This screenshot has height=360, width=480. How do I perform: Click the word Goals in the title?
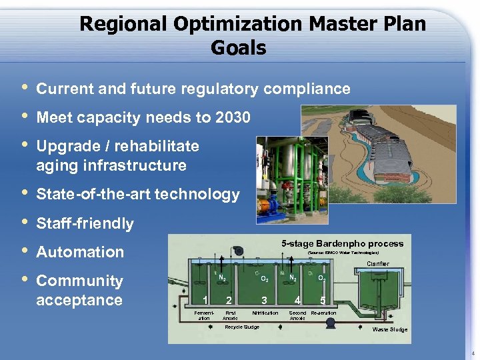(x=238, y=48)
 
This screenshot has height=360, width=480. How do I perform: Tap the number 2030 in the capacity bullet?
(x=233, y=118)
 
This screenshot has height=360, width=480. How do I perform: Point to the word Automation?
(x=80, y=252)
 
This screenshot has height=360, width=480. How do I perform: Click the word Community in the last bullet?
(x=79, y=281)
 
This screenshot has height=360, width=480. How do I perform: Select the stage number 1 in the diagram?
(x=205, y=299)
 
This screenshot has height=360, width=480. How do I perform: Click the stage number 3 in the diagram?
(x=265, y=299)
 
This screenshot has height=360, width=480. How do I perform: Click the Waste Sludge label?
(x=389, y=330)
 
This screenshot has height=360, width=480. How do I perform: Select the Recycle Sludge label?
(x=243, y=327)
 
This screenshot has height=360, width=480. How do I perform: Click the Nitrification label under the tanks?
(x=265, y=313)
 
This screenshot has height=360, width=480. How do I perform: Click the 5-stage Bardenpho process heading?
(x=341, y=243)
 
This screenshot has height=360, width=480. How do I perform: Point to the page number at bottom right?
(x=472, y=353)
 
